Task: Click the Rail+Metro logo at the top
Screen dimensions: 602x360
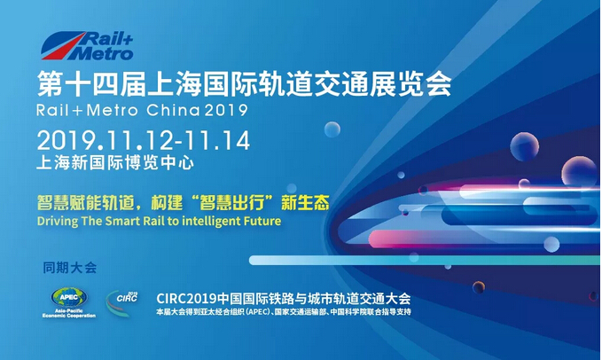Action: coord(87,46)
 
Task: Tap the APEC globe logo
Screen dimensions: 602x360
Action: coord(69,297)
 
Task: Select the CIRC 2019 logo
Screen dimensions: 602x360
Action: coord(121,303)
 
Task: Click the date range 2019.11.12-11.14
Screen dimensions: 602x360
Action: coord(144,140)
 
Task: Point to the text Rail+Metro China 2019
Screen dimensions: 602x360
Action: coord(142,111)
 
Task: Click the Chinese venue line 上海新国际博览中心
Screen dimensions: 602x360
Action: coord(115,163)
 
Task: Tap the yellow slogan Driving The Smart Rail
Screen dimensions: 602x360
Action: coord(159,221)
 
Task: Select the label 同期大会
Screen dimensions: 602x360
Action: coord(69,268)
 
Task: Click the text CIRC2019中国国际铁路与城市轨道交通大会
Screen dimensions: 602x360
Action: coord(284,299)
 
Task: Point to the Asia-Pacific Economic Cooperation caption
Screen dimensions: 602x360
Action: coord(69,313)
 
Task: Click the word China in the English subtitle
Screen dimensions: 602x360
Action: coord(173,111)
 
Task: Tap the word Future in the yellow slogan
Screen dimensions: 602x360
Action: coord(263,221)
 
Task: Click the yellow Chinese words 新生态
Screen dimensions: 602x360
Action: coord(305,202)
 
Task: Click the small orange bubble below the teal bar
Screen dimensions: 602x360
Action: coord(479,286)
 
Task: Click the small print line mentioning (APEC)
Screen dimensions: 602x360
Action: coord(284,311)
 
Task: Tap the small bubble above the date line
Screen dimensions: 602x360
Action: coord(332,129)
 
